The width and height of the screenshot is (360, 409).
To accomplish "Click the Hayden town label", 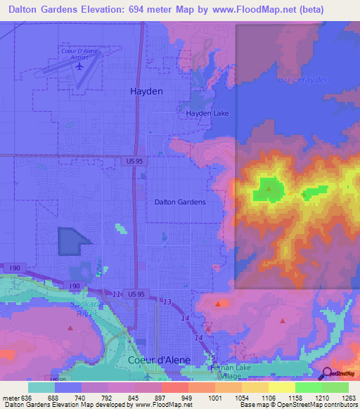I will coord(146,91).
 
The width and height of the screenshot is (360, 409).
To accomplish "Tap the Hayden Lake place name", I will coord(207,113).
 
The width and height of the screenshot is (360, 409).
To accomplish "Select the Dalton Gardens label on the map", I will coord(180,202).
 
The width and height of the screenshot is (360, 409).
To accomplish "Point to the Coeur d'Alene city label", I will coord(159,360).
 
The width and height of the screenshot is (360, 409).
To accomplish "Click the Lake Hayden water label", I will coord(304,80).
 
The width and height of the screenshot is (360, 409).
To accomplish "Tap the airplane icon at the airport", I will coord(79,66).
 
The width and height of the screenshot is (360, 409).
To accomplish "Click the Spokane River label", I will coord(85,309).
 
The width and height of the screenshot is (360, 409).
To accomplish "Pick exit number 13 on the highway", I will coord(167,301).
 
